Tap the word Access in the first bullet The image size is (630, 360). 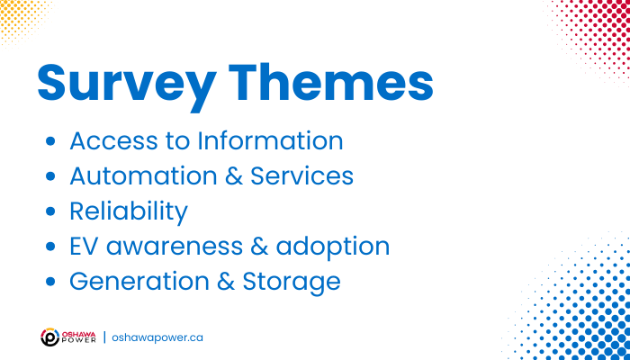coord(114,141)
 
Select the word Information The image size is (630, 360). coord(270,140)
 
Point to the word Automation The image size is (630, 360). coord(143,176)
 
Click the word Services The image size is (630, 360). coord(301,176)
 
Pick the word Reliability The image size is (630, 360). coord(129,212)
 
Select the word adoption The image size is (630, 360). coord(333,247)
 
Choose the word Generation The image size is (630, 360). coord(139,281)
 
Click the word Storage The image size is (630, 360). coord(292,283)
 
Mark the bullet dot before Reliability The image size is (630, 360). coord(50,211)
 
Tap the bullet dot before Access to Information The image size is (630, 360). coord(50,141)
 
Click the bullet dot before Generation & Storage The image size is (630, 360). coord(50,281)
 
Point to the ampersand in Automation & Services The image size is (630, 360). coord(234,176)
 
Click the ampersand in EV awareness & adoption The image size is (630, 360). coord(259,247)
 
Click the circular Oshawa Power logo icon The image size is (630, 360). coord(50,337)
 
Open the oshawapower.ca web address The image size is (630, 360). coord(157,337)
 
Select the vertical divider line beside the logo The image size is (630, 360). coord(105,337)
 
